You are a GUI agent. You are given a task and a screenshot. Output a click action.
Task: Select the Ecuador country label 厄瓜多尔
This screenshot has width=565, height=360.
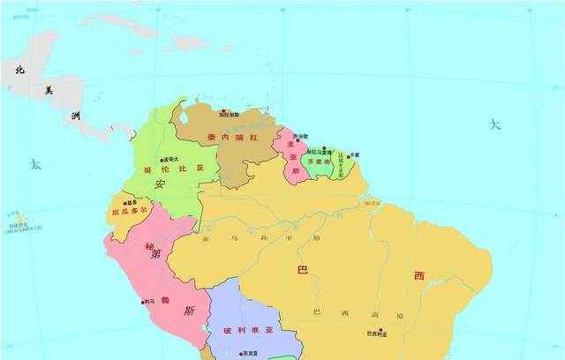coord(129,211)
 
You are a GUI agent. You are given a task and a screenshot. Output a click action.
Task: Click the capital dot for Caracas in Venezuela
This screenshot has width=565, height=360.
coord(224,111)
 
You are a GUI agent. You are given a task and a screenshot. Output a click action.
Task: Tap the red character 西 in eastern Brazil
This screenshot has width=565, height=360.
coord(420,275)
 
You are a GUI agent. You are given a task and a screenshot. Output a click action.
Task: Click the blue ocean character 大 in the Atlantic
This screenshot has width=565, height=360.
coord(495,124)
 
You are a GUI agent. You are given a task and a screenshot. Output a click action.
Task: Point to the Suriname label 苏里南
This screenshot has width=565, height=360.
coord(319,164)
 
